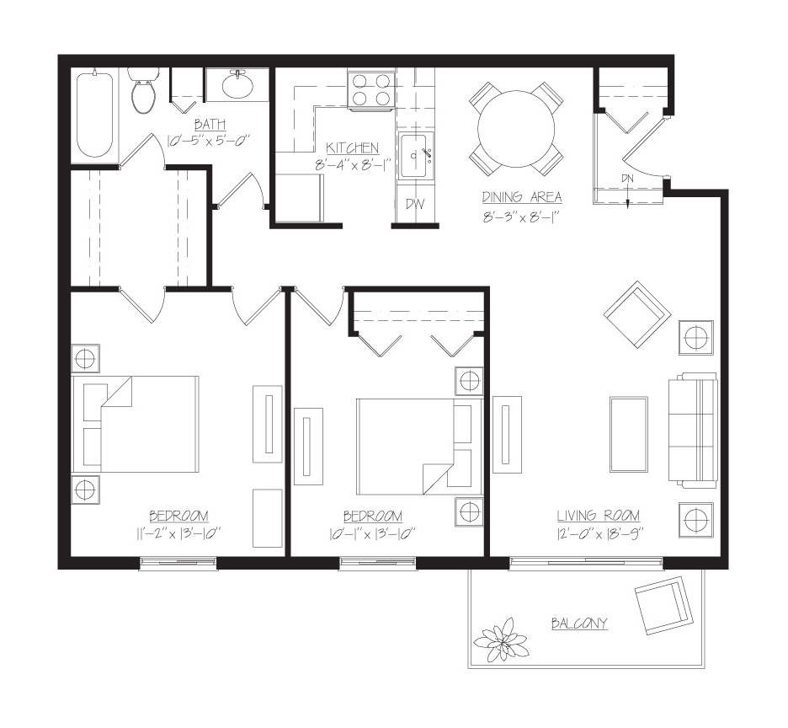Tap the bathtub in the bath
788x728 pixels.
(x=94, y=115)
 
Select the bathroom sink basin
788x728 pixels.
(x=237, y=86)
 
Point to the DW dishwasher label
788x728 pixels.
(x=414, y=204)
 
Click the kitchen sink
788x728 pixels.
(x=413, y=156)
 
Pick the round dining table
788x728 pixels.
(x=516, y=129)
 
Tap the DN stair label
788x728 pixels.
(x=627, y=178)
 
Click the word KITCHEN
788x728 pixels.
(x=352, y=148)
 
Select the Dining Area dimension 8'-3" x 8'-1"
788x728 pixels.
(x=520, y=217)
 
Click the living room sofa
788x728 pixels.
(x=692, y=431)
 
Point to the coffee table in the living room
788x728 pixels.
(x=628, y=434)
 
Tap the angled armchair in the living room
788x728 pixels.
(x=637, y=315)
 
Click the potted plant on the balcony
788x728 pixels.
(x=501, y=640)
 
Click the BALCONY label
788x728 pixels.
(x=579, y=624)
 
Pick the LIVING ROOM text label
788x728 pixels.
(x=598, y=516)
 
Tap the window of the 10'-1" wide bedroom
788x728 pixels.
(x=377, y=564)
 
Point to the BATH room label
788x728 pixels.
(x=210, y=124)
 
